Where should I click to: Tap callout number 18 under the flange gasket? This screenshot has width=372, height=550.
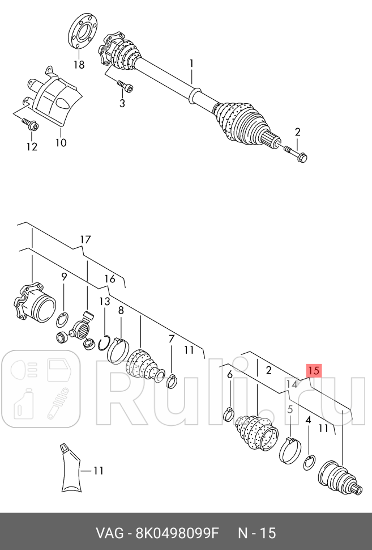click(x=79, y=65)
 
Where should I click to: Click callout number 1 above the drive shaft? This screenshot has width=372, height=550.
click(x=191, y=63)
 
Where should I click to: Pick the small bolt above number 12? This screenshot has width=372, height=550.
click(x=29, y=123)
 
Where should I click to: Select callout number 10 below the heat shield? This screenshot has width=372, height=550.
click(x=61, y=143)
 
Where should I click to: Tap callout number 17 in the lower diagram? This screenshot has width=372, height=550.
click(x=85, y=240)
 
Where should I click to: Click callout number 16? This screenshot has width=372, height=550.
click(x=110, y=278)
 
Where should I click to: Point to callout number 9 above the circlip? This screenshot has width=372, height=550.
click(x=64, y=277)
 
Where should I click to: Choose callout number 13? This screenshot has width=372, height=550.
click(x=105, y=301)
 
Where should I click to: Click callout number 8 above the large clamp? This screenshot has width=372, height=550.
click(x=121, y=310)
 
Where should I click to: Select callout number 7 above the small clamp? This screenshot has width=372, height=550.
click(x=172, y=339)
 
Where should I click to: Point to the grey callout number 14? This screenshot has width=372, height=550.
click(x=291, y=384)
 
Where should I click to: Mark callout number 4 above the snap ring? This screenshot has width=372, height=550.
click(x=308, y=420)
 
